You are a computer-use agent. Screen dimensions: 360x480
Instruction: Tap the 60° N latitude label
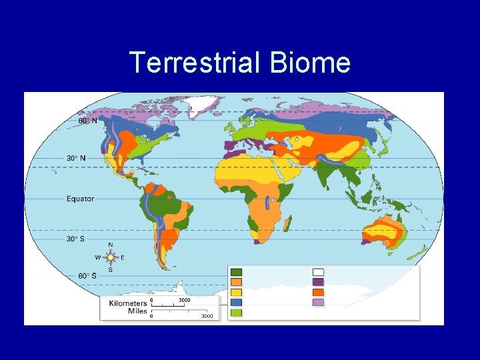[x=87, y=121]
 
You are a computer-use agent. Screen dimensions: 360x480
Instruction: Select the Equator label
[x=80, y=198]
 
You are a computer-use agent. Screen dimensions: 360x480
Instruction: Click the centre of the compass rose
[x=111, y=257]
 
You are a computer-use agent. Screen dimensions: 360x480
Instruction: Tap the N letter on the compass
[x=111, y=245]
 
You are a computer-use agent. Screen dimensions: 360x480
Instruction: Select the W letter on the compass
[x=98, y=257]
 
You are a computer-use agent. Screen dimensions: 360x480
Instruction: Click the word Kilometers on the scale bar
[x=128, y=303]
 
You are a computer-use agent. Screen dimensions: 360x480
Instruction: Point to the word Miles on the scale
[x=137, y=311]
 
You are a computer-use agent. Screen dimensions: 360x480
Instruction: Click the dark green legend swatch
[x=236, y=272]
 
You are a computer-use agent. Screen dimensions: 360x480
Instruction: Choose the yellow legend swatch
[x=236, y=292]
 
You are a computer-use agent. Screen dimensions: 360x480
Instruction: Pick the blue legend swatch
[x=236, y=302]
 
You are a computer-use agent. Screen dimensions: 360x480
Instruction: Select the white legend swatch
[x=319, y=272]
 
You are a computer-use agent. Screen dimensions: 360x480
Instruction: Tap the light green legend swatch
[x=236, y=312]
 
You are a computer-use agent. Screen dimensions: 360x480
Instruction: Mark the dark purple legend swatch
[x=319, y=282]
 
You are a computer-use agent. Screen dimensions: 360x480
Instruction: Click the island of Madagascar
[x=288, y=221]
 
